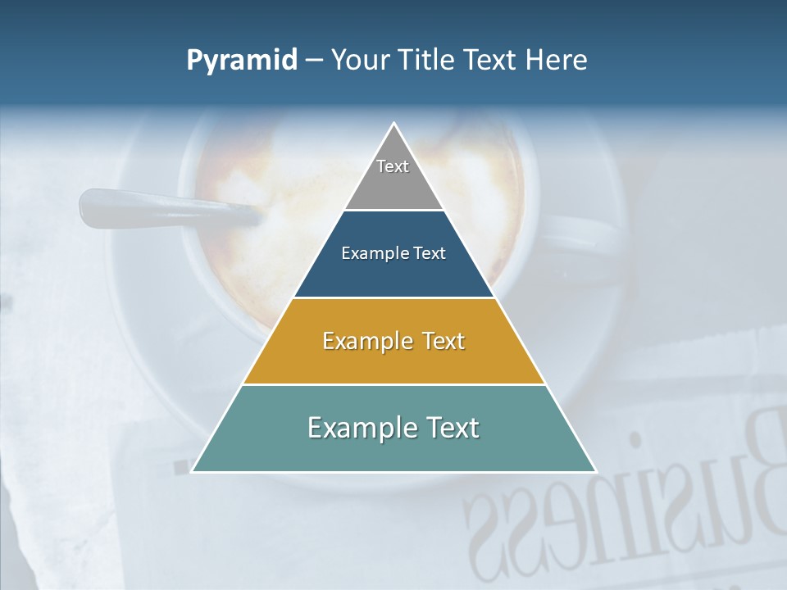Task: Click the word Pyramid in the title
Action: pyautogui.click(x=242, y=61)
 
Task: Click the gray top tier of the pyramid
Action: pyautogui.click(x=393, y=184)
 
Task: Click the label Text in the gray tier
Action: pyautogui.click(x=393, y=166)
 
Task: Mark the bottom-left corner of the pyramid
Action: pyautogui.click(x=193, y=471)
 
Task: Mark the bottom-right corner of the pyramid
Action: pyautogui.click(x=595, y=471)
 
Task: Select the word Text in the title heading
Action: pyautogui.click(x=489, y=61)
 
